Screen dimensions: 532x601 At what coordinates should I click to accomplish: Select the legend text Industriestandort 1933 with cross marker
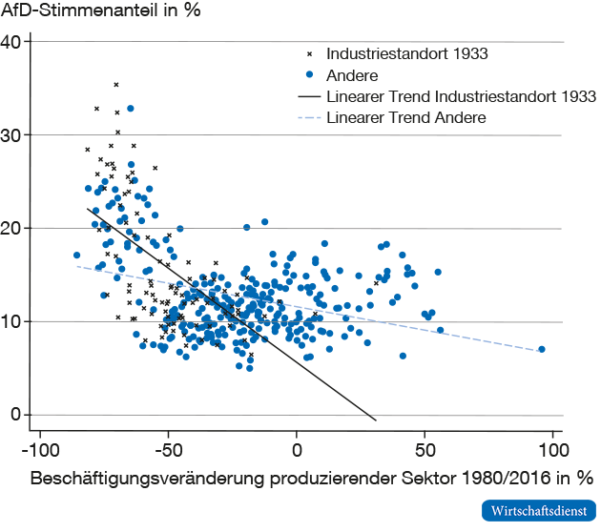407,53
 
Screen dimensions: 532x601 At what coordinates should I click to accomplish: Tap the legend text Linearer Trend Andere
406,118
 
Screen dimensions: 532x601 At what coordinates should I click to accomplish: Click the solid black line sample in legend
307,97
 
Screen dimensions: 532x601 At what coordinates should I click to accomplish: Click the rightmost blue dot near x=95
542,349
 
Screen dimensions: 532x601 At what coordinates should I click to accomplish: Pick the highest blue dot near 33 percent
131,109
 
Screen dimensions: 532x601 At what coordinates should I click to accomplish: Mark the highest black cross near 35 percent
116,85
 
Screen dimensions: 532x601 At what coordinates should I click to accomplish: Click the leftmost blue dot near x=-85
77,256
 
